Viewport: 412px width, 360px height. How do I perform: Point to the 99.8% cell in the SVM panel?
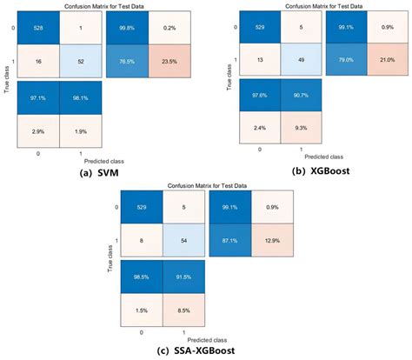117,29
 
